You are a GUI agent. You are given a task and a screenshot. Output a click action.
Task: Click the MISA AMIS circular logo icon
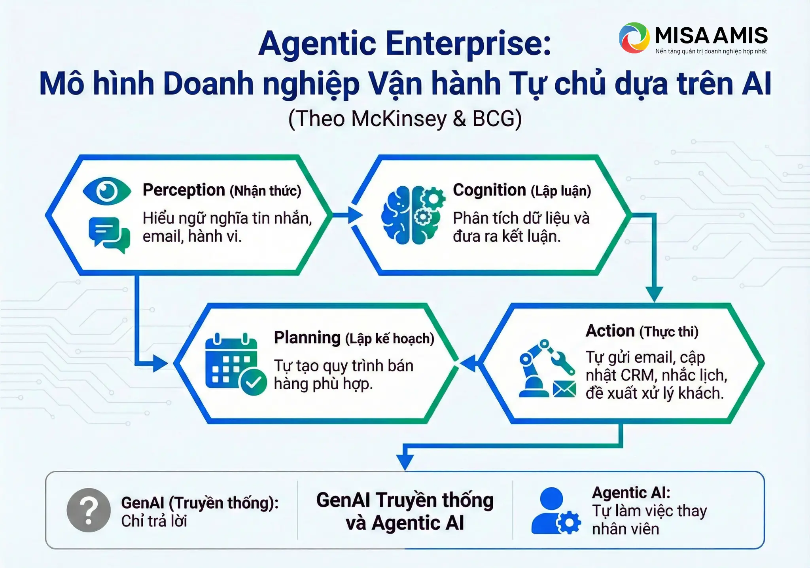coord(634,38)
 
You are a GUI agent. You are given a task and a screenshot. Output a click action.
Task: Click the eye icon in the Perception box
coord(107,191)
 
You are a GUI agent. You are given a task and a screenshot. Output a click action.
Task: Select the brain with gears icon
coord(412,215)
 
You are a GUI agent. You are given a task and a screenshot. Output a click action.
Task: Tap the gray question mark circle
coord(89,510)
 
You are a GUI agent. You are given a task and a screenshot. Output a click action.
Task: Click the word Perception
coord(184,190)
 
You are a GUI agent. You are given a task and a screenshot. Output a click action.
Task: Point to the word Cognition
coord(489,190)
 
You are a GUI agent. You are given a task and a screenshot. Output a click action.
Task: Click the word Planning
coord(307,338)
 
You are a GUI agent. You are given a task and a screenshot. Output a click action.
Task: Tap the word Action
coord(610,331)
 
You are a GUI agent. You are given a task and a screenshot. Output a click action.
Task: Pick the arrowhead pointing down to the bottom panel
coord(405,462)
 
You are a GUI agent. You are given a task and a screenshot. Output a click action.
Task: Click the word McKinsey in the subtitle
coord(399,119)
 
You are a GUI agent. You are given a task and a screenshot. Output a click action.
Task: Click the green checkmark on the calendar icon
coord(253,382)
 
